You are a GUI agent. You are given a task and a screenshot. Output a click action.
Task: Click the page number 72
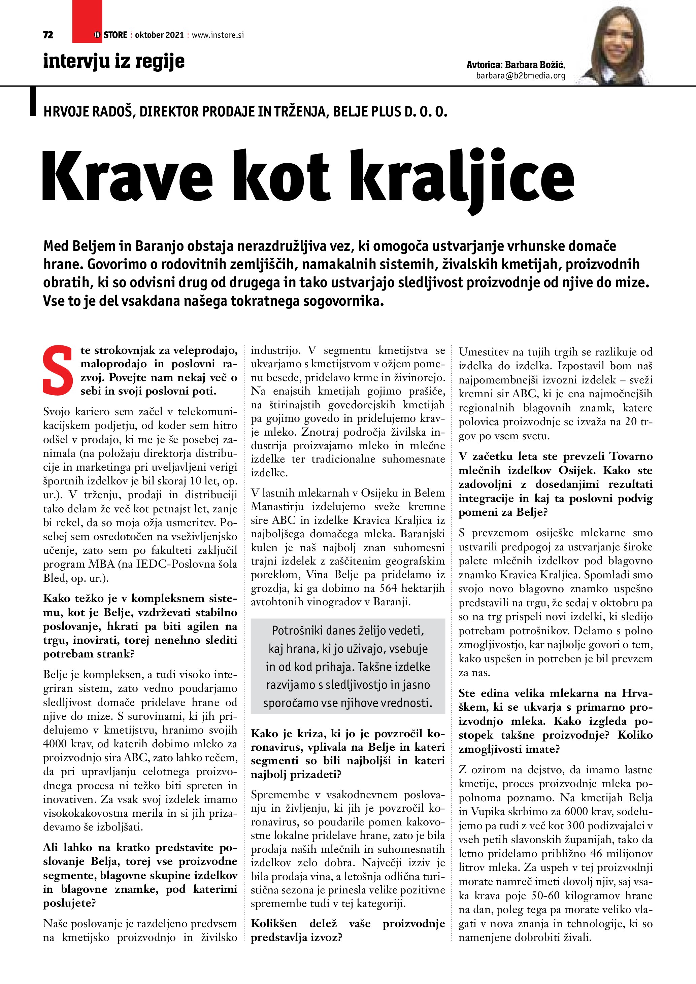coord(48,35)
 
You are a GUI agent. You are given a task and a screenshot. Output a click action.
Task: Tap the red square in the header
coord(87,22)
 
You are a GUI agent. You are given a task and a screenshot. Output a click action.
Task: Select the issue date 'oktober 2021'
coord(159,35)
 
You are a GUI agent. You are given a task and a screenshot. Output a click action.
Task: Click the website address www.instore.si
coord(218,35)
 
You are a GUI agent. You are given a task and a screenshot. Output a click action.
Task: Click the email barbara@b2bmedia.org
coord(520,76)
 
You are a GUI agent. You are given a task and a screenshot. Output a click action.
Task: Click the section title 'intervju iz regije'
coord(113,61)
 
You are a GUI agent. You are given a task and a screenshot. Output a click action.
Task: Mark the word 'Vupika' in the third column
coord(488,811)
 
